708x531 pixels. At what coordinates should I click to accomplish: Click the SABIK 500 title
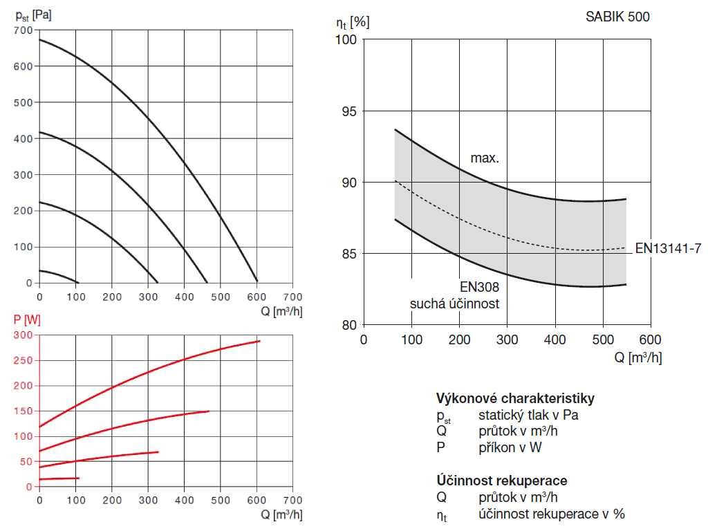(x=617, y=17)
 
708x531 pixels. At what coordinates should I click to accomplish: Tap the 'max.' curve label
(x=485, y=158)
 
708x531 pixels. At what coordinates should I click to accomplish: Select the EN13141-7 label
(x=668, y=248)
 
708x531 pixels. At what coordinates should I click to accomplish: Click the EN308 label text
(x=479, y=286)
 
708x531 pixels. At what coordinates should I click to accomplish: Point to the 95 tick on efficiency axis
(x=351, y=111)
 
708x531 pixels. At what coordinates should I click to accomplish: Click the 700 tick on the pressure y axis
(x=23, y=30)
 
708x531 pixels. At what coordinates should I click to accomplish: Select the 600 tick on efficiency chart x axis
(x=651, y=339)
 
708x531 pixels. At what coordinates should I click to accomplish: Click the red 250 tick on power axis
(x=24, y=360)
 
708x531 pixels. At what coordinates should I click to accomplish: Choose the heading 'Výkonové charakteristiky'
(x=515, y=398)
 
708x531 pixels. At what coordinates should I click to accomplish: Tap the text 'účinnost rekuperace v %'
(x=551, y=514)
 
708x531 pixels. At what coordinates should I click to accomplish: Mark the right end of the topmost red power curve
(x=259, y=341)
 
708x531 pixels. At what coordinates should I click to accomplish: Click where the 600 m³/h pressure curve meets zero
(x=257, y=282)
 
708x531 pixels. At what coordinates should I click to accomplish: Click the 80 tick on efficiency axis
(x=351, y=325)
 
